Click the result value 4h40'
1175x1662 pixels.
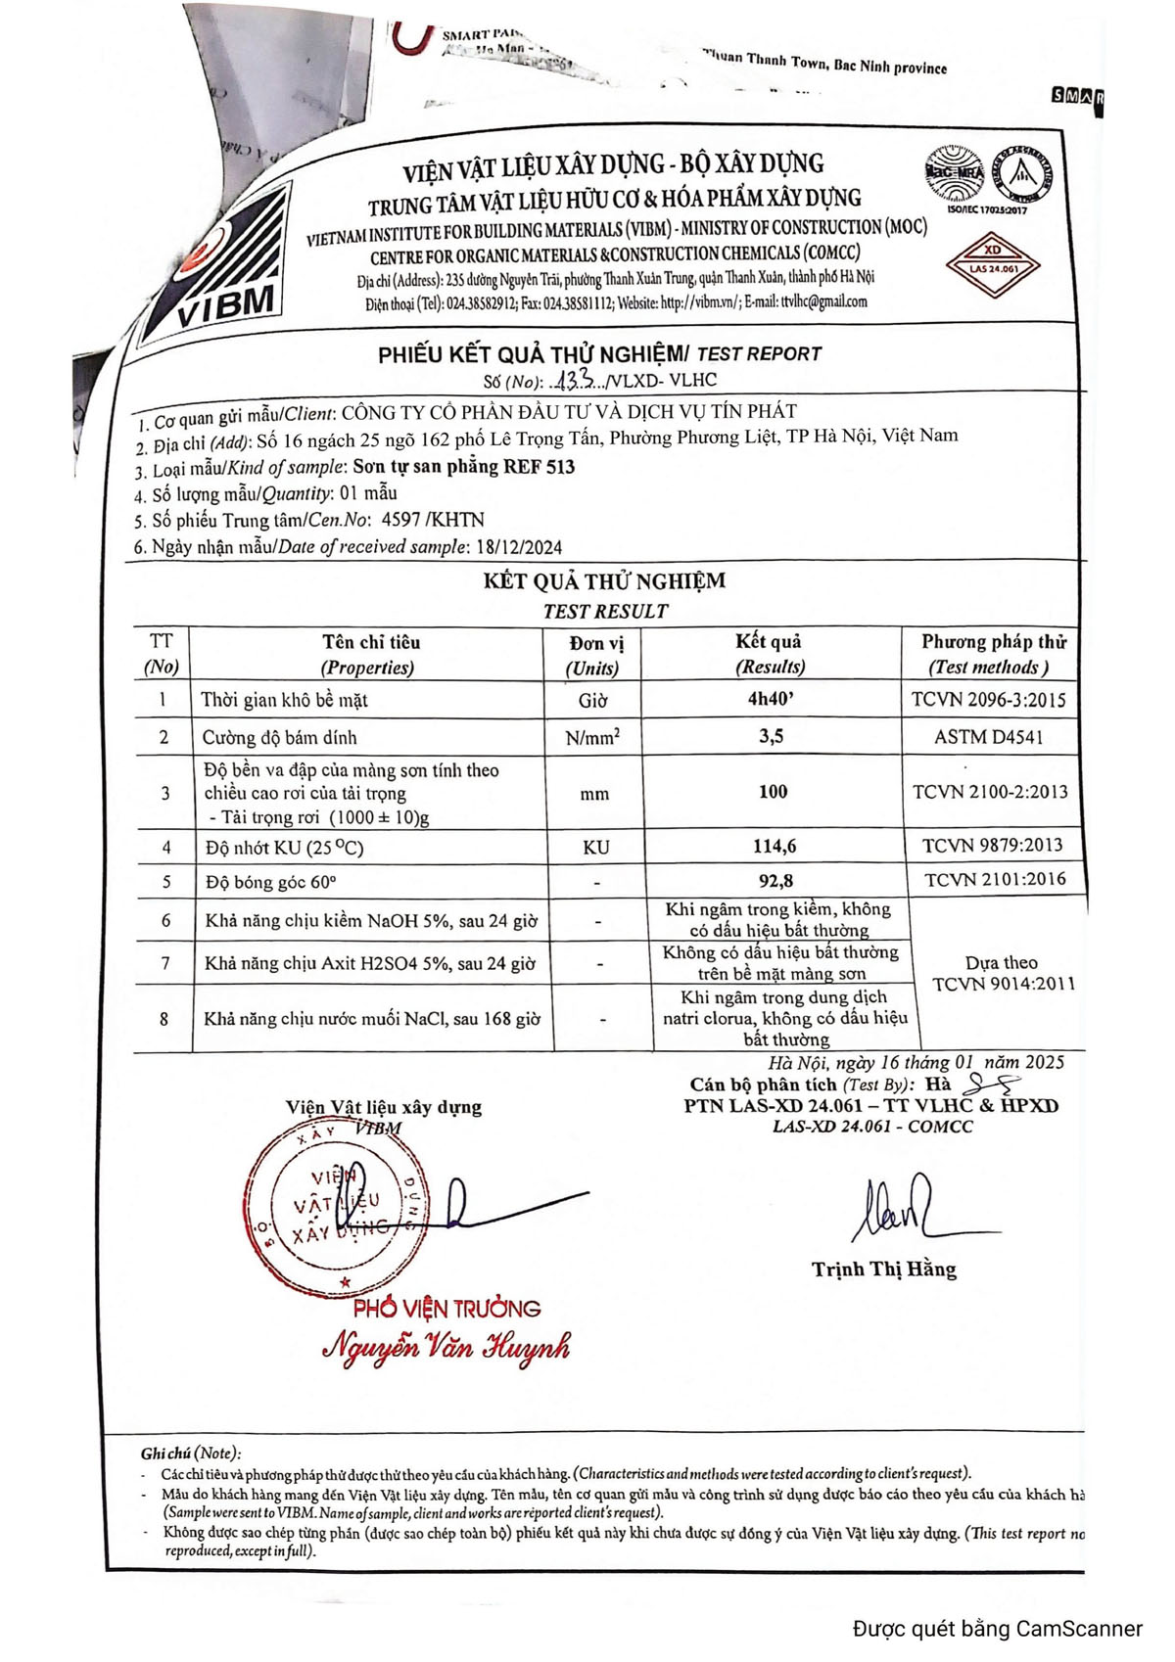[771, 699]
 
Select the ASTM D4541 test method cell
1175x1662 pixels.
[989, 737]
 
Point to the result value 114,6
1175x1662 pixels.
[773, 846]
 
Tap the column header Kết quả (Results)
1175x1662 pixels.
[770, 654]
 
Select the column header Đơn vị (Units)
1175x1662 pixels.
[593, 655]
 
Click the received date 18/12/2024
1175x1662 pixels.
[519, 547]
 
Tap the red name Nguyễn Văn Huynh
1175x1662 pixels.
[446, 1348]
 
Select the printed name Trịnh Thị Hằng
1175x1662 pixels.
[883, 1270]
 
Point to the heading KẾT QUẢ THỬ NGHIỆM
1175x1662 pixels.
[604, 581]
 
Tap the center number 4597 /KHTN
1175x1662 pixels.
[433, 520]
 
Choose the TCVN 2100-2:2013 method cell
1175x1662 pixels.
[990, 792]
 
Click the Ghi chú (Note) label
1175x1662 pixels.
[191, 1454]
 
